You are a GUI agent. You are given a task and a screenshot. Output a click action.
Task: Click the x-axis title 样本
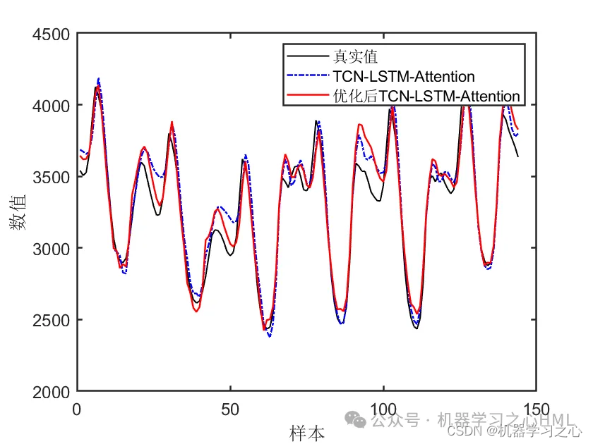point(307,432)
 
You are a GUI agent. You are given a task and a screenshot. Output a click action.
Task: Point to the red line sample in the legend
point(308,95)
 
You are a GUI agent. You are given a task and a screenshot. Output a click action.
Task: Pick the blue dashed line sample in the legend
point(308,75)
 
